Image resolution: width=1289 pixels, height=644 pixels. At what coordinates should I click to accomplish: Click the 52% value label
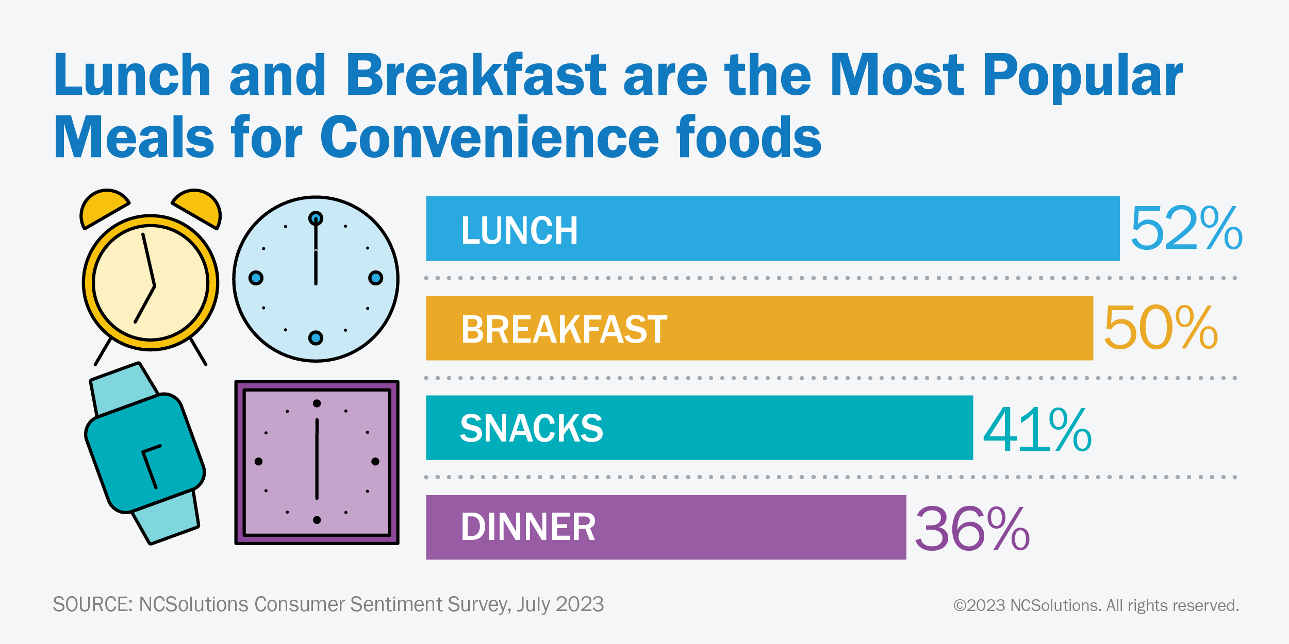coord(1186,228)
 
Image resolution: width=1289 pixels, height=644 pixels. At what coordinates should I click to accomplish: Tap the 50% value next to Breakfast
coord(1160,328)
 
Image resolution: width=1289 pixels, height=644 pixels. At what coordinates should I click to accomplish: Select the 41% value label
coord(1037,429)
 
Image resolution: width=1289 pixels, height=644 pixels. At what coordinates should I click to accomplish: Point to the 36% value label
coord(972,529)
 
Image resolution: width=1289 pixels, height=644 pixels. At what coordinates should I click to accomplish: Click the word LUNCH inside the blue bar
coord(519,230)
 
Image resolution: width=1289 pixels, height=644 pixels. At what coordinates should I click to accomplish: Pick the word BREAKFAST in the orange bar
coord(564,330)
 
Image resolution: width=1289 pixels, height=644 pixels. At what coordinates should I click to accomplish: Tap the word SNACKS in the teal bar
coord(531,429)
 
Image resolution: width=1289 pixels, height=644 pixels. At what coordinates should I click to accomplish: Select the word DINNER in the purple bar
coord(528,528)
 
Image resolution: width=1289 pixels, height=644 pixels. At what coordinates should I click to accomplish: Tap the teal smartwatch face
coord(145,453)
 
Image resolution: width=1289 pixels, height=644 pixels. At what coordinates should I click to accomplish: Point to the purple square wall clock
coord(317,462)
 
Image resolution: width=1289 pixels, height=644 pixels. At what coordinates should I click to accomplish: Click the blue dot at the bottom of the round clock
coord(316,338)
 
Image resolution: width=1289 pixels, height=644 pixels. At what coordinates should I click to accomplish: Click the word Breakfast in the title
coord(475,76)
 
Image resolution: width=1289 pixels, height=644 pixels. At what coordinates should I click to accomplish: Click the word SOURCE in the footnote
coord(92,604)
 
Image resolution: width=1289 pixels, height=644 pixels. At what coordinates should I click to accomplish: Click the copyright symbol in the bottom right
coord(959,605)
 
